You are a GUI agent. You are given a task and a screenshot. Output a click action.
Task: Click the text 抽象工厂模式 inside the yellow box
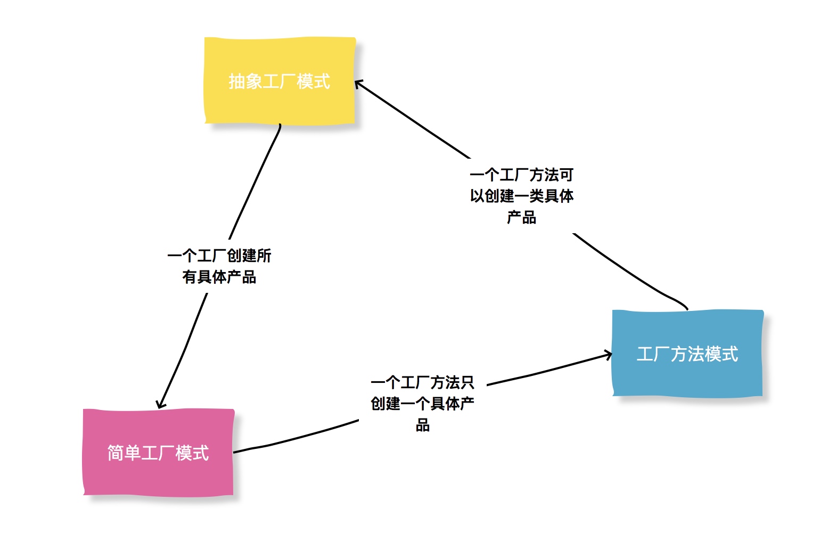280,81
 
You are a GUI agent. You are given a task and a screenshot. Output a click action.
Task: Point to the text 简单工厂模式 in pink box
158,453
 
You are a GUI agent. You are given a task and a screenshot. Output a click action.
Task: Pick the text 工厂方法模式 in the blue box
687,354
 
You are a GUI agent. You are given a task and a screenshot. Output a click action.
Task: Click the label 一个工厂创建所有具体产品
219,266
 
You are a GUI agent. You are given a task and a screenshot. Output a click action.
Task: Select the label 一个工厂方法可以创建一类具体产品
521,196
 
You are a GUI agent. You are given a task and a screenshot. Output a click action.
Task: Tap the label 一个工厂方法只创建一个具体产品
422,404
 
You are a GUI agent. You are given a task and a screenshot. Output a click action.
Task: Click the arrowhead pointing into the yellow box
358,84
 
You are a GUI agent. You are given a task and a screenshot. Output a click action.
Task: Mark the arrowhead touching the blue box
609,355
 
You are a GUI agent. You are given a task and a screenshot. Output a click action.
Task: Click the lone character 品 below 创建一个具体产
423,425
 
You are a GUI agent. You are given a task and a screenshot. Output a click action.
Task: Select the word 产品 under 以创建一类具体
521,217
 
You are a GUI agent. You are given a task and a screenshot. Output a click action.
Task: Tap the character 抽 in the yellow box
237,81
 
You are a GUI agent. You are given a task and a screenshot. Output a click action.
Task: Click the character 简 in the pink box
116,453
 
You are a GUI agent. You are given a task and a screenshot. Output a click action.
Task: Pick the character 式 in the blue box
730,354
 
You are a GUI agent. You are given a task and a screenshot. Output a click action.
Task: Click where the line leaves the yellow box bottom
280,125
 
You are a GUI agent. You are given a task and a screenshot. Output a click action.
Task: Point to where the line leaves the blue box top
687,308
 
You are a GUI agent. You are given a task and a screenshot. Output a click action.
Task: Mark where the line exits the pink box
235,452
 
